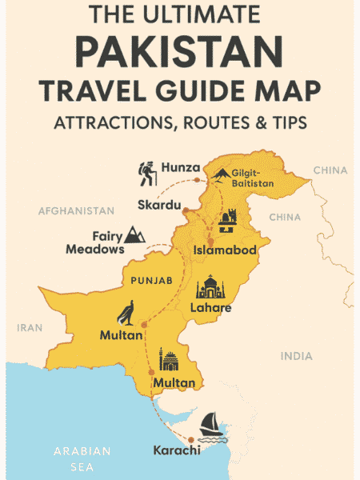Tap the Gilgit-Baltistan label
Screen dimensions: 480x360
click(x=253, y=178)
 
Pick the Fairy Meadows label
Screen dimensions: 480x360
click(x=97, y=243)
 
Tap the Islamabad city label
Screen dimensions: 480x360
click(x=225, y=250)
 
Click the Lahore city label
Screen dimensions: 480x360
click(x=210, y=308)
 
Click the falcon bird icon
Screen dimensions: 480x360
click(x=126, y=313)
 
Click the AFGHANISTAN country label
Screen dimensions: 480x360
click(x=77, y=211)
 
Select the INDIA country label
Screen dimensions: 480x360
click(x=296, y=356)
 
